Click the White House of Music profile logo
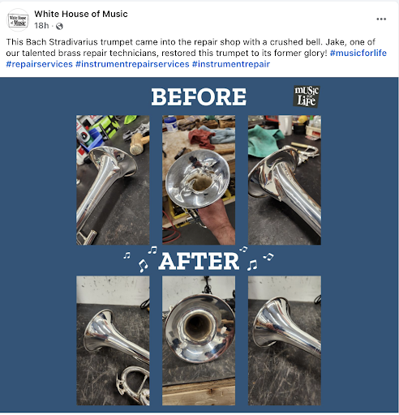tap(18, 19)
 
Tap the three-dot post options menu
tap(381, 19)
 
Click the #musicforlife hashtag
tap(358, 53)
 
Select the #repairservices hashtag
tap(39, 64)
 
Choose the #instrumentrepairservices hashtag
tap(132, 64)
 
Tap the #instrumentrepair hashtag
tap(231, 64)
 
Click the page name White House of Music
tap(81, 14)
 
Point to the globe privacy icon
tap(59, 26)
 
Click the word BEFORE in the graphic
tap(199, 96)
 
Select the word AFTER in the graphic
tap(199, 261)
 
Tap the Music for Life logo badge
tap(307, 96)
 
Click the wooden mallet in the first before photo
tap(139, 143)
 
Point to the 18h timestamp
tap(41, 26)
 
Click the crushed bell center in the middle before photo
tap(201, 182)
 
